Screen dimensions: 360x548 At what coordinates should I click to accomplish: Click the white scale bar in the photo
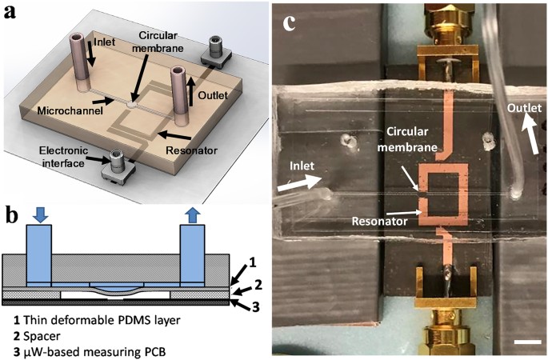[524, 342]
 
